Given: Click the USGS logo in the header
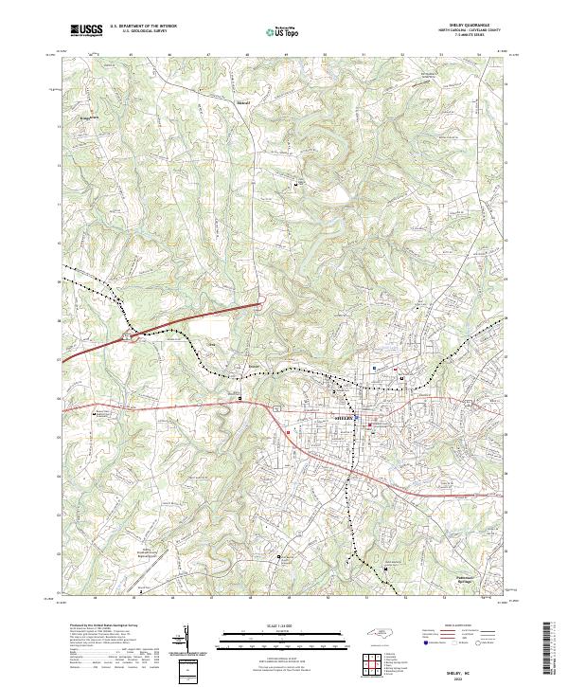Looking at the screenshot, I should click(85, 30).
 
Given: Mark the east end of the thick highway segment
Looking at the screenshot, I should click(260, 305).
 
